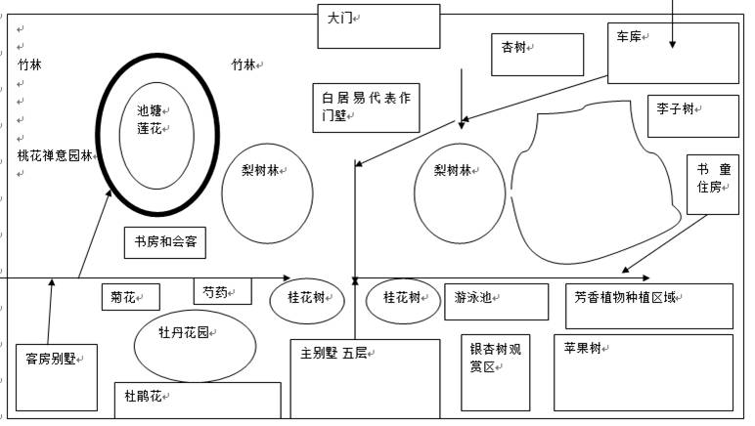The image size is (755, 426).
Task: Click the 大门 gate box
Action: [x=378, y=25]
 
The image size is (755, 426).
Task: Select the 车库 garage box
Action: [x=673, y=53]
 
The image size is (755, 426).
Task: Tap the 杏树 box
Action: [x=537, y=54]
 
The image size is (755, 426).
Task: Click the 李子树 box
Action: [x=692, y=115]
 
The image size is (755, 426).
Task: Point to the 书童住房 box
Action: [x=710, y=183]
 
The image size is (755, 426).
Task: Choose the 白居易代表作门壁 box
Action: [x=366, y=106]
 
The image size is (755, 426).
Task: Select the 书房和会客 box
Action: [x=164, y=241]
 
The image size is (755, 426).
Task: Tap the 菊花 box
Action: [x=129, y=297]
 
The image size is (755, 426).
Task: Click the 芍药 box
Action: [x=222, y=291]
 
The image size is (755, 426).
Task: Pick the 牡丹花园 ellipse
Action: [x=194, y=344]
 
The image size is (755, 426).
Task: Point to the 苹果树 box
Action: [x=643, y=372]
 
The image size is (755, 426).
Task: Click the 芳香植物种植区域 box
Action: [x=648, y=305]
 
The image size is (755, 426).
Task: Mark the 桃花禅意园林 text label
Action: [x=55, y=155]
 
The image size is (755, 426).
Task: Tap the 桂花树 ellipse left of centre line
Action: [x=307, y=299]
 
